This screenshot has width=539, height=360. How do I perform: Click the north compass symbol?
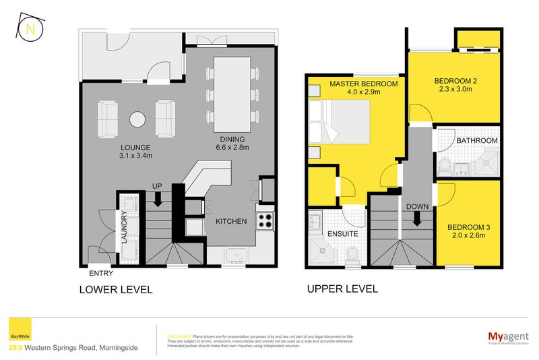tap(30, 28)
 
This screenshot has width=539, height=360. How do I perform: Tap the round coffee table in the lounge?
tap(137, 119)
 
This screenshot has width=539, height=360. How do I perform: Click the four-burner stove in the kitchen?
tap(265, 220)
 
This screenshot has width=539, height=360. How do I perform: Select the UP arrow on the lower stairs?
tap(157, 199)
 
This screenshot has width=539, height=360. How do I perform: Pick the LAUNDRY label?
tap(125, 229)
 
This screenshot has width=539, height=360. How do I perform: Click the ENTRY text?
tap(101, 274)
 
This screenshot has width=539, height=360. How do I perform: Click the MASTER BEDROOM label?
tap(363, 84)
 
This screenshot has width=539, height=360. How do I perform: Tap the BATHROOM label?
tap(477, 140)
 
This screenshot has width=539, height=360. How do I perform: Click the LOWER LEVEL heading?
tap(116, 290)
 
